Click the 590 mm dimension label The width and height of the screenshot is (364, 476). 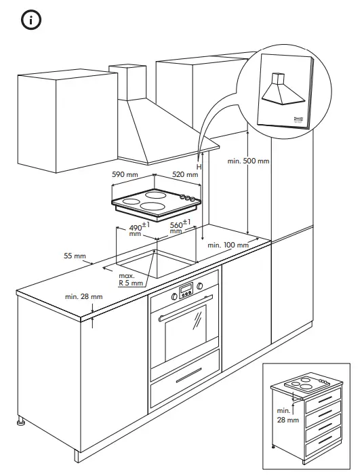125,175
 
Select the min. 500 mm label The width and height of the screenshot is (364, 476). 249,161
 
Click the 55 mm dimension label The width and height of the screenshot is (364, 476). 75,256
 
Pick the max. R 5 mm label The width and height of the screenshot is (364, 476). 130,280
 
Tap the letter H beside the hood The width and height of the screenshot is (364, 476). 199,166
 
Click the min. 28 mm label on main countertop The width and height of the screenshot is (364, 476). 83,297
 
